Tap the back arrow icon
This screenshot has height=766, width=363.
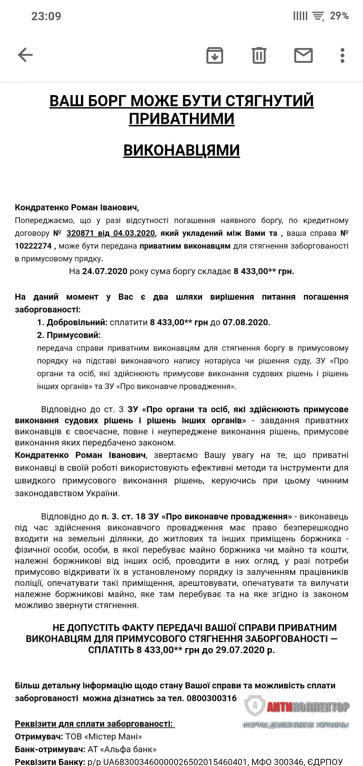coord(25,55)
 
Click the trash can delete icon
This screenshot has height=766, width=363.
coord(259,55)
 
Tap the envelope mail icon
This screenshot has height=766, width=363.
coord(303,55)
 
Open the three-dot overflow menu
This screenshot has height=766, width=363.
coord(342,55)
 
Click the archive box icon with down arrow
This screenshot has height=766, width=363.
coord(214,55)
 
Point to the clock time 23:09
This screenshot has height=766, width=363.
coord(46,16)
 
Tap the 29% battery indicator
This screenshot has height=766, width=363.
coord(339,16)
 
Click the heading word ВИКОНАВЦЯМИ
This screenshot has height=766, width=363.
coord(182,150)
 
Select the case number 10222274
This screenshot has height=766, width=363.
coord(33,246)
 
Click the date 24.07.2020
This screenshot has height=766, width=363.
coord(105,271)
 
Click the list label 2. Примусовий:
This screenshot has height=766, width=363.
coord(69,335)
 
